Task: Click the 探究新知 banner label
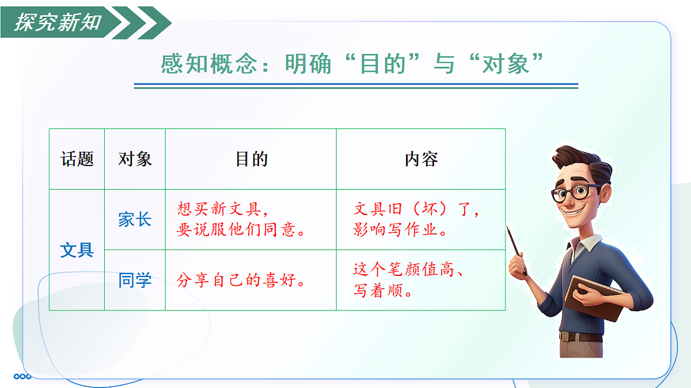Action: [58, 22]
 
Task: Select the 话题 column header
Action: [77, 159]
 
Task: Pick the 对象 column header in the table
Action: [135, 159]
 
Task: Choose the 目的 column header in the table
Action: [252, 159]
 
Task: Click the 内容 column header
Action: [422, 159]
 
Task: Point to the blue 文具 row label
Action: [77, 251]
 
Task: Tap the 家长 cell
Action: [135, 220]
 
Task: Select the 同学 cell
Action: [135, 281]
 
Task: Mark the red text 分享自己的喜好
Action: [241, 281]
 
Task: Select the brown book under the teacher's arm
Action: [593, 296]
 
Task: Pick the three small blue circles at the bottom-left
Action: [22, 377]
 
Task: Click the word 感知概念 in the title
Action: [208, 64]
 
